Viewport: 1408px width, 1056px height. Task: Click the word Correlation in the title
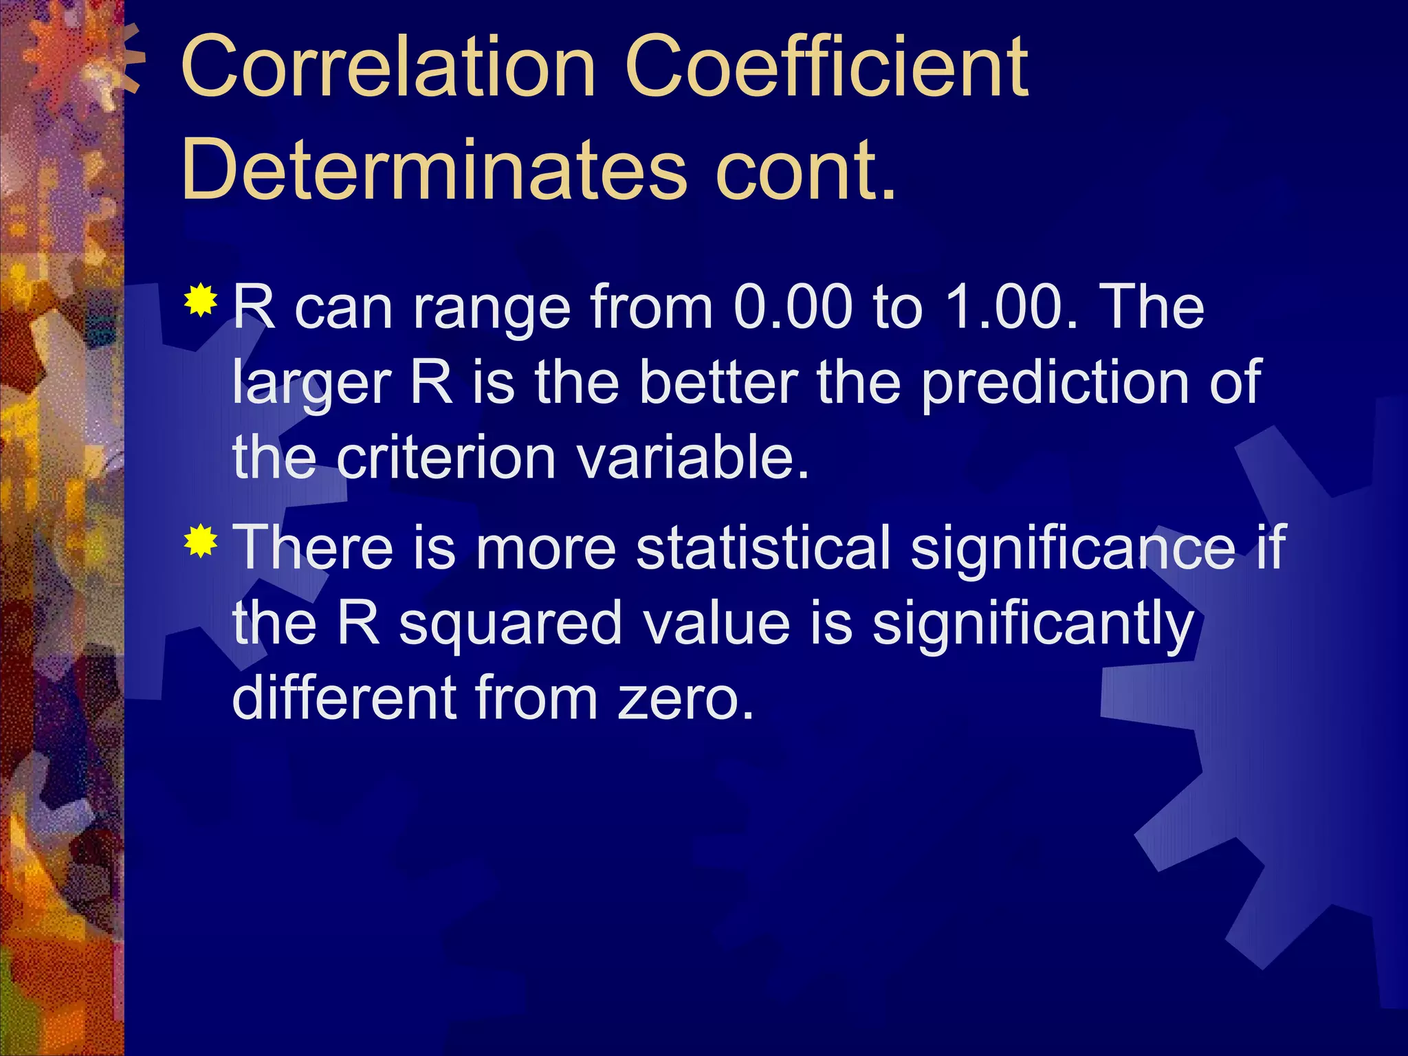pos(387,69)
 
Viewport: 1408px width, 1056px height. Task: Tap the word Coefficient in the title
pos(826,69)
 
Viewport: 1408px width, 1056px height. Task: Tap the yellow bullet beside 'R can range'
pos(201,300)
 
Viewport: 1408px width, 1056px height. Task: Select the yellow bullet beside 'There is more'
pos(201,541)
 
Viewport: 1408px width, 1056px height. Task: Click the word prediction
pos(1055,383)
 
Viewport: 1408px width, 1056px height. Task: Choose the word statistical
pos(763,548)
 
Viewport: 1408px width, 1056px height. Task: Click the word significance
pos(1072,548)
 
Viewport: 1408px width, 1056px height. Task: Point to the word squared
pos(510,624)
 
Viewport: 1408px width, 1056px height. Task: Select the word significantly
pos(1033,624)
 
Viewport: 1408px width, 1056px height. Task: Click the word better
pos(718,383)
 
